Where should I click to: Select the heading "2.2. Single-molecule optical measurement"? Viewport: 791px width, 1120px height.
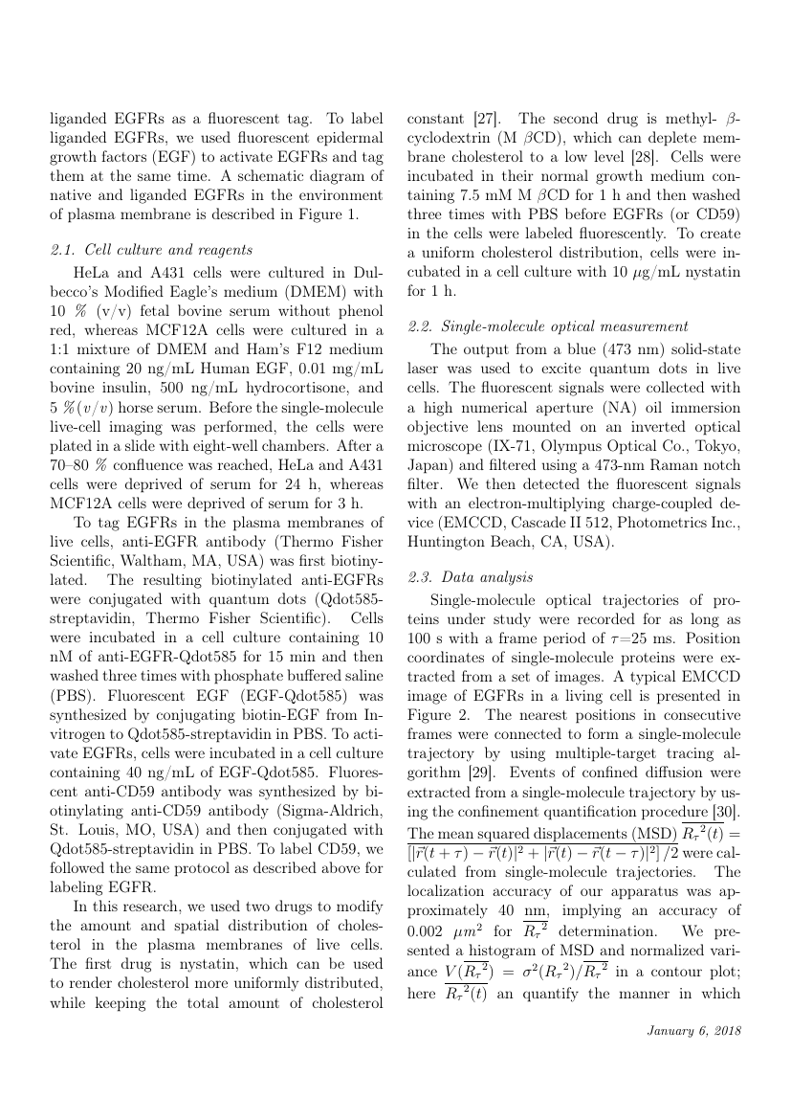pyautogui.click(x=548, y=326)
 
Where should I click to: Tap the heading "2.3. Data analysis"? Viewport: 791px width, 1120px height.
pyautogui.click(x=471, y=577)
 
